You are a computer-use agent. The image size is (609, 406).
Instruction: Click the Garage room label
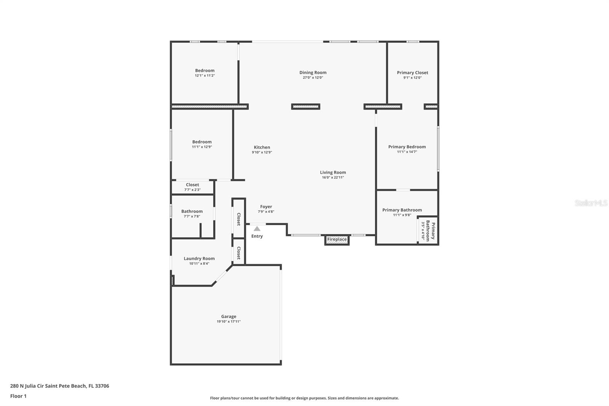[228, 316]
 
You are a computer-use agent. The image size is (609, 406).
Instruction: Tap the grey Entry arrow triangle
[257, 229]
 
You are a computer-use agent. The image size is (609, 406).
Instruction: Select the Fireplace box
[337, 240]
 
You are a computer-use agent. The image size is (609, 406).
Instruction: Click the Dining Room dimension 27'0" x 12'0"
[313, 78]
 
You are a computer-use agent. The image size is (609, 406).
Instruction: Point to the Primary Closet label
[412, 73]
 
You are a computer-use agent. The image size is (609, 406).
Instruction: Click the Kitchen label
[262, 147]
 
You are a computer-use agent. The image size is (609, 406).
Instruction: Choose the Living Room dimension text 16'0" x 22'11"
[333, 177]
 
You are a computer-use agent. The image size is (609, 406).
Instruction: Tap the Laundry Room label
[199, 259]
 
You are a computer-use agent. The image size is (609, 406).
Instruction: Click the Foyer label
[266, 207]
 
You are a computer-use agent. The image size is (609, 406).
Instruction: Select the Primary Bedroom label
[407, 147]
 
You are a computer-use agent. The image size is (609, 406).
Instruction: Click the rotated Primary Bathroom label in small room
[430, 230]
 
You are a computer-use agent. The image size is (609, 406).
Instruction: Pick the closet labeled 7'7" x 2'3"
[192, 187]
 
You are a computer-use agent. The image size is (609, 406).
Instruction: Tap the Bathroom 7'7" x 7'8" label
[192, 213]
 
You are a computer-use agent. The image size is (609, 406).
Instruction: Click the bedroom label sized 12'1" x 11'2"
[205, 73]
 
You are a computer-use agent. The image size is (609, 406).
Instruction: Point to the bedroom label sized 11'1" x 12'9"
[202, 144]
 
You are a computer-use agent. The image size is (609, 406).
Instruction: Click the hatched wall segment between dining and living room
[306, 107]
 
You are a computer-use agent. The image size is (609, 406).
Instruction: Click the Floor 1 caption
[18, 396]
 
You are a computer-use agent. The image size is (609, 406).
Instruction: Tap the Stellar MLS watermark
[591, 203]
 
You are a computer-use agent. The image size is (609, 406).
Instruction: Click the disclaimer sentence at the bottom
[304, 398]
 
